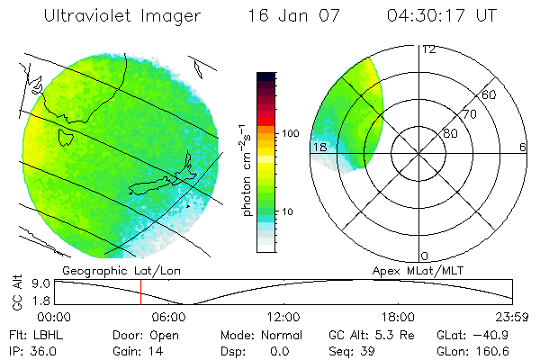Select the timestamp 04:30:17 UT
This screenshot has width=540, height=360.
pos(443,16)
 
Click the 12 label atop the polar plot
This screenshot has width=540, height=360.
pos(428,49)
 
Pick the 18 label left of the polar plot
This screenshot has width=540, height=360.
pos(319,147)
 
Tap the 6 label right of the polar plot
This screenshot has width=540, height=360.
pos(523,147)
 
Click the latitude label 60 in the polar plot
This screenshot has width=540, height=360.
pos(490,94)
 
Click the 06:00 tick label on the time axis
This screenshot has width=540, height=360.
pos(169,317)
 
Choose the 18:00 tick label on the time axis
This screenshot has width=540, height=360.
pos(398,317)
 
